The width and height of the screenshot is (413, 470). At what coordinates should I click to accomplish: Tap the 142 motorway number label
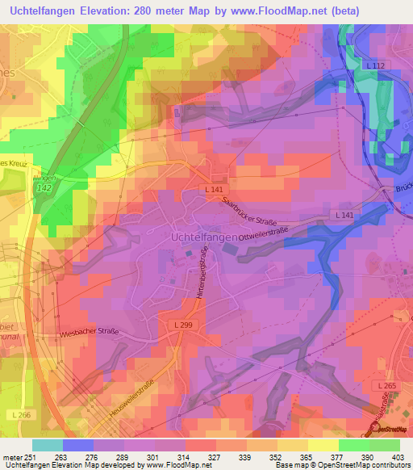(x=43, y=187)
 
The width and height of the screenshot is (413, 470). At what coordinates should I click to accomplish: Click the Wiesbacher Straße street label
(x=90, y=333)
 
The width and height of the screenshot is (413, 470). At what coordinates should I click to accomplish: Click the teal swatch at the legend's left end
(x=48, y=445)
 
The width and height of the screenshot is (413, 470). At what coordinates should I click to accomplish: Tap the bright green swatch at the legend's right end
(x=385, y=445)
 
